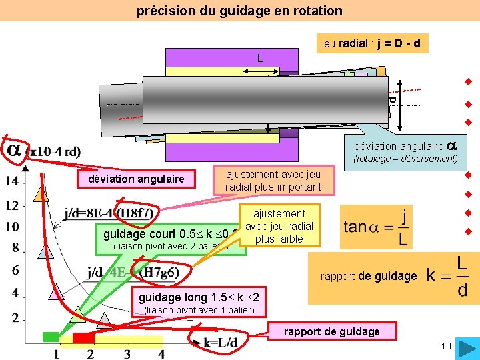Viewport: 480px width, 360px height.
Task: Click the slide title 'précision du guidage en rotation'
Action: point(239,11)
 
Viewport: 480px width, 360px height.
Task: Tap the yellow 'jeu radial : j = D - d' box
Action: point(374,44)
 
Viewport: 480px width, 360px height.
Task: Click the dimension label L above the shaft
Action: point(261,58)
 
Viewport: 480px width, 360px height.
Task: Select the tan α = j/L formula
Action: point(377,227)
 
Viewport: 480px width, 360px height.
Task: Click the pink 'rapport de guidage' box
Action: point(331,331)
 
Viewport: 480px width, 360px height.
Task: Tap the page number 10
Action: point(446,345)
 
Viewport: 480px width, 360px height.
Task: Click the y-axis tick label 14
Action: point(12,181)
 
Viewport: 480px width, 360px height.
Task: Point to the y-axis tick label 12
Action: point(12,205)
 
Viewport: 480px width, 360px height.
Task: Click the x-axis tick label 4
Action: point(161,354)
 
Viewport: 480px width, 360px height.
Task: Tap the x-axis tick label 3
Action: point(126,354)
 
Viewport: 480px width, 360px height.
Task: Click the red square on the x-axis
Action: point(83,338)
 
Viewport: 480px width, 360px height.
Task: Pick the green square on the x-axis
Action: point(51,337)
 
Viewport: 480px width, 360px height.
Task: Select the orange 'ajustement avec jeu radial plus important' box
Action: point(273,181)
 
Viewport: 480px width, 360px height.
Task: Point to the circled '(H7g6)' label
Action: point(159,273)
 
